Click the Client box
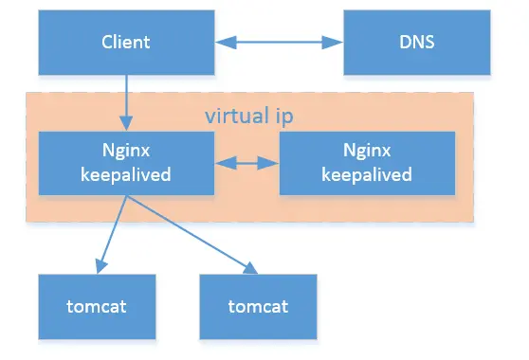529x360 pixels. coord(126,43)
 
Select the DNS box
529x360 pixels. coord(417,43)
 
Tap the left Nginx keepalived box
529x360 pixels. coord(126,162)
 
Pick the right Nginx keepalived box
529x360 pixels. coord(367,163)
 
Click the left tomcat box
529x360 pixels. coord(98,306)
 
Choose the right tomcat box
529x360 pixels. coord(259,306)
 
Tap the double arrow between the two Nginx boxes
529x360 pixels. coord(246,163)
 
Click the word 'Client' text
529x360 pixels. coord(126,43)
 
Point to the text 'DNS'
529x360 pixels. coord(417,43)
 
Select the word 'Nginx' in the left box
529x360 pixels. coord(126,153)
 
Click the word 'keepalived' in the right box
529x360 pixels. coord(367,174)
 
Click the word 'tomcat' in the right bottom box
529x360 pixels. coord(259,307)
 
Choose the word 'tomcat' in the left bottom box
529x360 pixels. coord(98,307)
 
